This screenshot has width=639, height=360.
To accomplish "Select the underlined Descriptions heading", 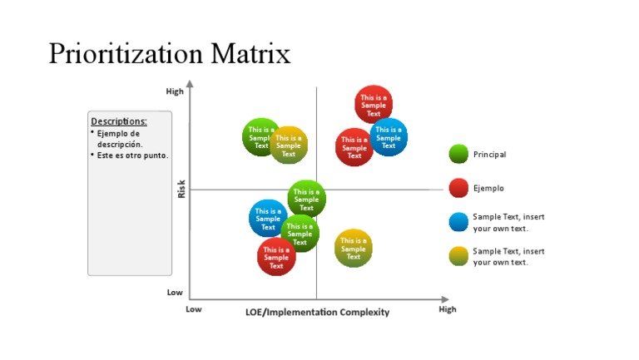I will pyautogui.click(x=119, y=121).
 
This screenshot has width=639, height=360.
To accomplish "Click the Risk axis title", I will pyautogui.click(x=181, y=190).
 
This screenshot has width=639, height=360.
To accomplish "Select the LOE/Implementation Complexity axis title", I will pyautogui.click(x=317, y=312).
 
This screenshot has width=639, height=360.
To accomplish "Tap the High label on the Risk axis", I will pyautogui.click(x=175, y=91).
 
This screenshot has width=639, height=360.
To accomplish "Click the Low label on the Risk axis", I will pyautogui.click(x=175, y=293).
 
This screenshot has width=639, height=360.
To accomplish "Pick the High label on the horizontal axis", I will pyautogui.click(x=448, y=309).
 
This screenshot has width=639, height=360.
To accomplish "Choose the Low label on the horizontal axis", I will pyautogui.click(x=193, y=309).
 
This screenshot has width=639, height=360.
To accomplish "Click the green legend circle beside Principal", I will pyautogui.click(x=458, y=154).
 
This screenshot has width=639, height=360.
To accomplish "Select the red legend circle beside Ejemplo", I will pyautogui.click(x=458, y=188).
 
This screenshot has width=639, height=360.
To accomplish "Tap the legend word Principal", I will pyautogui.click(x=489, y=155).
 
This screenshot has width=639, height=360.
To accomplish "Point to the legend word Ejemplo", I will pyautogui.click(x=488, y=189).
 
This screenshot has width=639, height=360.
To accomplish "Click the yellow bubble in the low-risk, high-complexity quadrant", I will pyautogui.click(x=354, y=248).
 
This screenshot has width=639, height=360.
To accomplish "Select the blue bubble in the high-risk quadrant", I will pyautogui.click(x=389, y=137).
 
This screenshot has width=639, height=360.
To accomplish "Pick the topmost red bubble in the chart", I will pyautogui.click(x=374, y=104).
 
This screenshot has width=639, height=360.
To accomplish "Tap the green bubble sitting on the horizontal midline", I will pyautogui.click(x=307, y=199).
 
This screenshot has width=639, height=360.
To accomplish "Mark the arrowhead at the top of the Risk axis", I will pyautogui.click(x=190, y=83).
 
